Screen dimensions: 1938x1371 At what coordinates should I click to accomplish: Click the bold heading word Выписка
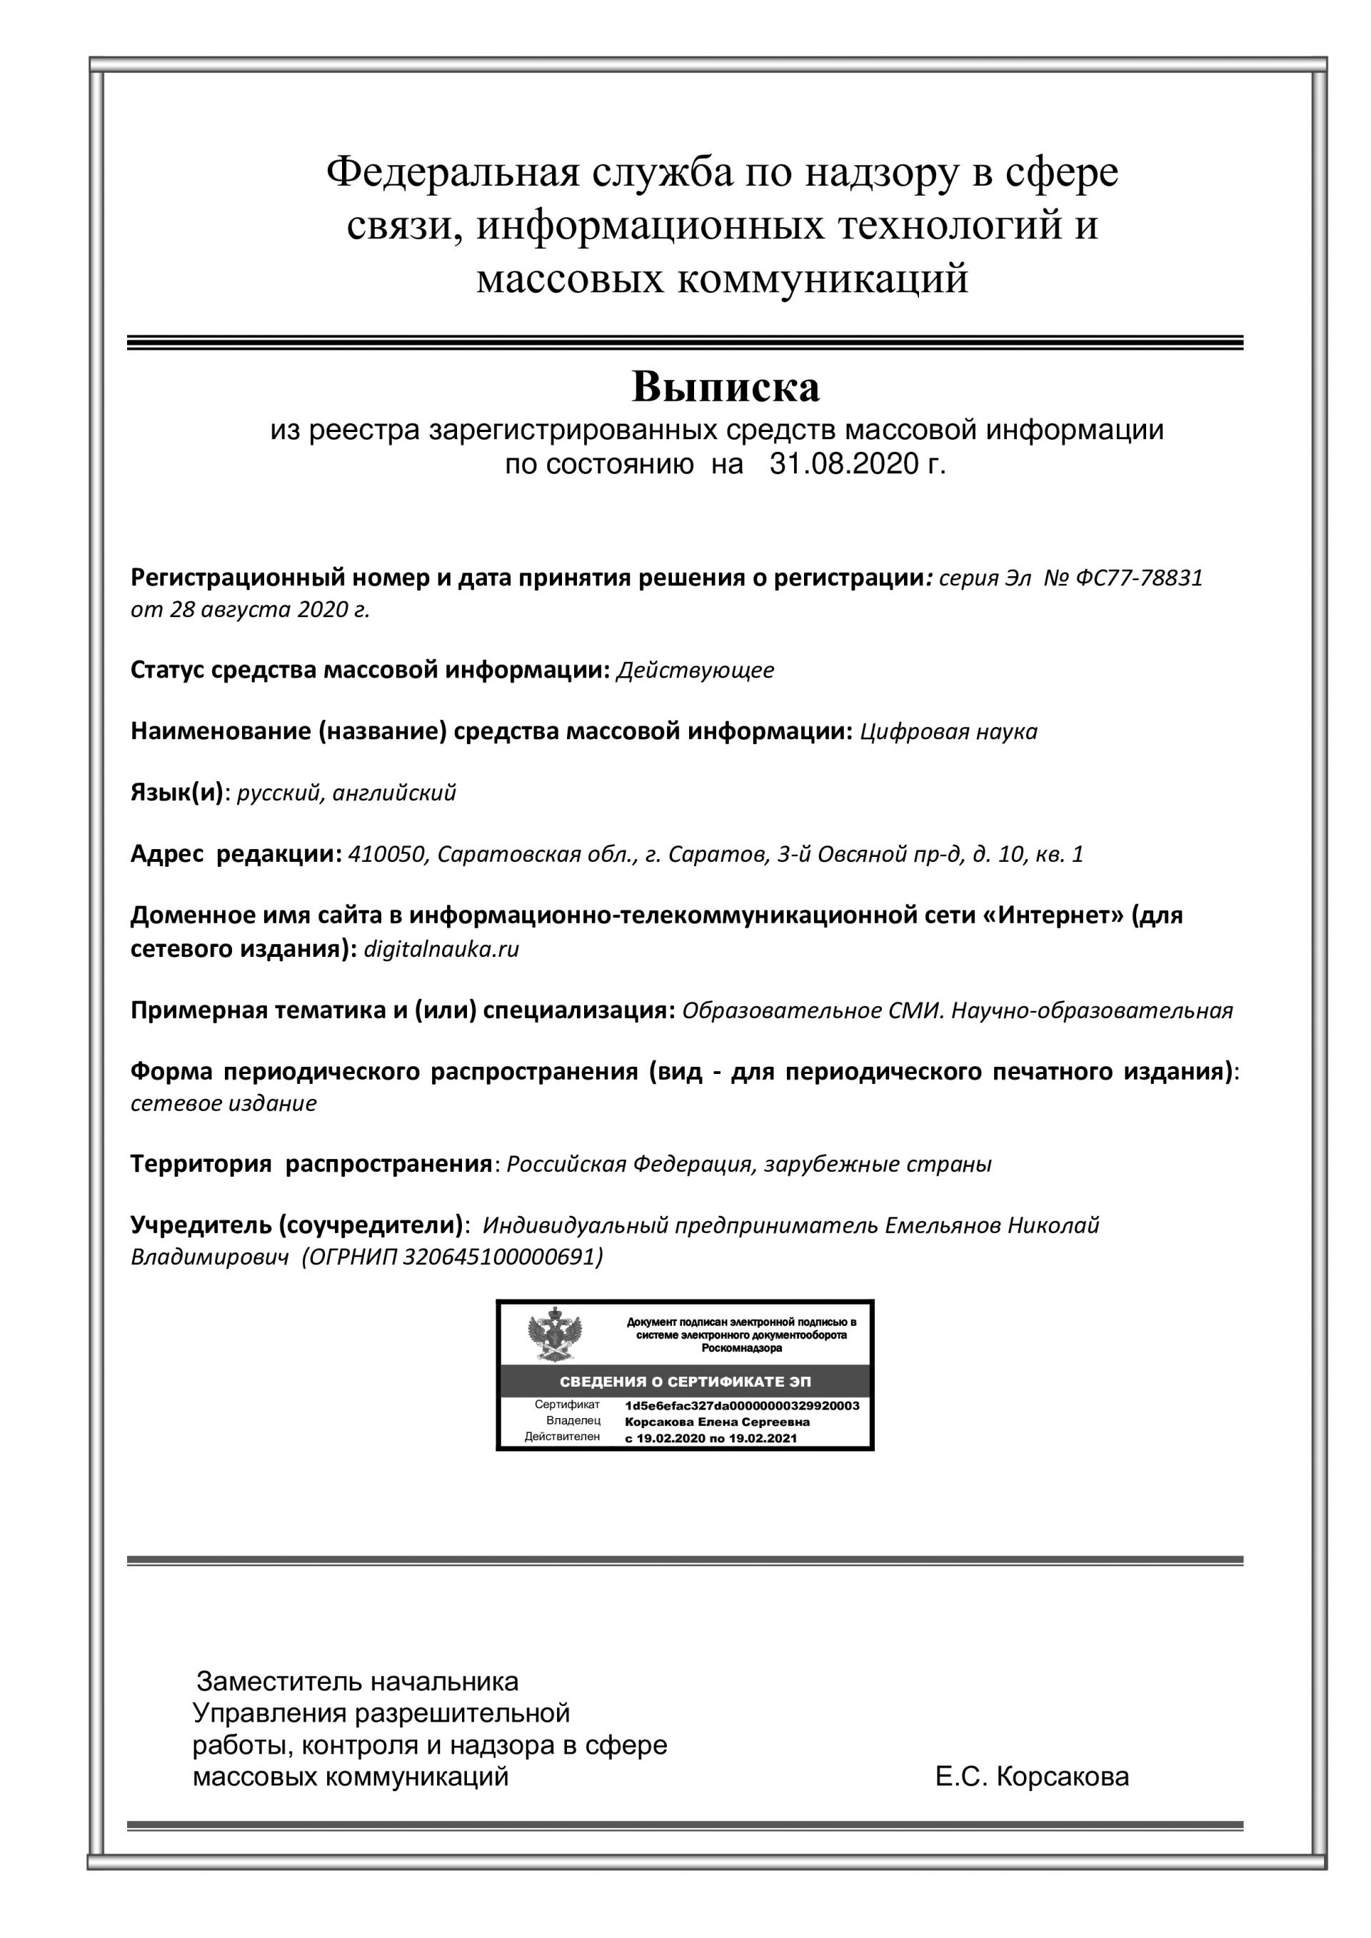pos(725,388)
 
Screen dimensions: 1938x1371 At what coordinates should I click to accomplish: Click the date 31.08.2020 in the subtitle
pos(843,464)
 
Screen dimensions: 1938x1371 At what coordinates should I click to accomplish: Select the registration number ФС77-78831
pos(1140,578)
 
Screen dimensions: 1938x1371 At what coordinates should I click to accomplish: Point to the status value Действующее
pos(695,671)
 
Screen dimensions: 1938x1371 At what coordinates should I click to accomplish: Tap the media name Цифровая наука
pos(948,731)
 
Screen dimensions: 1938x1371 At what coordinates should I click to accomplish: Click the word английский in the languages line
pos(394,793)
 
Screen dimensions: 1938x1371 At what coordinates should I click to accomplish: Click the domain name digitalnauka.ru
pos(441,949)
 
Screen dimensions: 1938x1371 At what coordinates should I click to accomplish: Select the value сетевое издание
pos(224,1103)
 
